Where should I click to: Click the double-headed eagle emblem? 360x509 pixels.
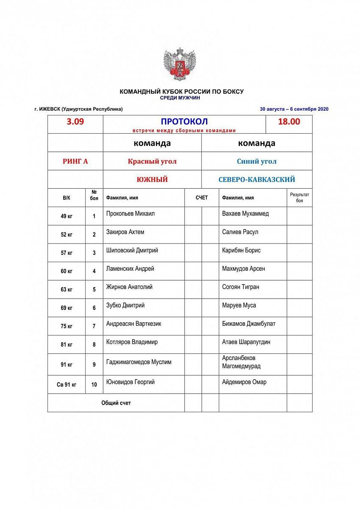point(180,64)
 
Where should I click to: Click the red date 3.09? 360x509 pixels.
point(75,122)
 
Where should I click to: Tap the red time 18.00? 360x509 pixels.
point(289,122)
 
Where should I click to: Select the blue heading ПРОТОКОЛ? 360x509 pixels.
point(184,122)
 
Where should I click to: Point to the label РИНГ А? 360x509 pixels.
point(75,161)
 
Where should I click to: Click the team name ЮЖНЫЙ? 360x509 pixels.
point(152,179)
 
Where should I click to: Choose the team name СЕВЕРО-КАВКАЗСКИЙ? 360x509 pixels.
point(257,179)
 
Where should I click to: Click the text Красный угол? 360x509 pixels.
point(152,161)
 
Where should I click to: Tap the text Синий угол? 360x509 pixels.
point(257,161)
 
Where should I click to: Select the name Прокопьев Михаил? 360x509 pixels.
point(130,214)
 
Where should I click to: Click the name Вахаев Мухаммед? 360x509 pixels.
point(245,214)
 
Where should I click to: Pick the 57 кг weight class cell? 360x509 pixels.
point(67,253)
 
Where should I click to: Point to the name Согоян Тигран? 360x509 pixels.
point(240,287)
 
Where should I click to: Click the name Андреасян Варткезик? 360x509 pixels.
point(134,324)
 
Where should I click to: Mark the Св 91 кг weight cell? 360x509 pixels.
point(67,385)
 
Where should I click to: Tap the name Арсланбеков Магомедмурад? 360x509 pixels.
point(241,362)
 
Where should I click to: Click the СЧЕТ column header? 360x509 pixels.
point(202,198)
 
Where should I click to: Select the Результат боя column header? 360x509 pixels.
point(299,198)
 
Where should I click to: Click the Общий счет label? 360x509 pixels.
point(116,403)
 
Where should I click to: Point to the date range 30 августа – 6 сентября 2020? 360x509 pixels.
point(294,109)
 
